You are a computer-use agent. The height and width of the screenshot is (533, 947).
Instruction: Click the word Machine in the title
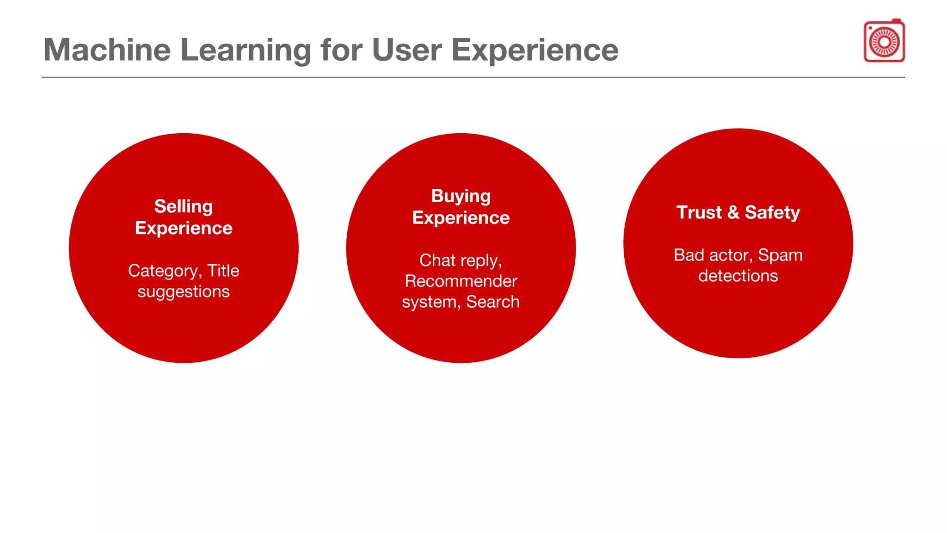click(107, 50)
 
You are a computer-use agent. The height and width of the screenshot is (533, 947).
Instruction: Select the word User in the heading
click(406, 50)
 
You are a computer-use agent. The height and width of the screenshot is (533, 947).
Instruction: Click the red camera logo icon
click(884, 41)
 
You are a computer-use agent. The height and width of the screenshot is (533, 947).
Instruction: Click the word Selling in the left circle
click(184, 206)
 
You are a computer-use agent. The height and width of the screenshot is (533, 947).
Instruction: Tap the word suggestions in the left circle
click(184, 291)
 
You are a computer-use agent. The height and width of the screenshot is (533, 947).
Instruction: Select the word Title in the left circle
click(223, 271)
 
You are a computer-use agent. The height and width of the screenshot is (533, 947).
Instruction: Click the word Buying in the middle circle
click(461, 196)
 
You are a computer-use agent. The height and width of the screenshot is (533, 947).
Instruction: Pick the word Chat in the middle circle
click(437, 260)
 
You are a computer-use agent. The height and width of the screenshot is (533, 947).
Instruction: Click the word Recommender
click(461, 281)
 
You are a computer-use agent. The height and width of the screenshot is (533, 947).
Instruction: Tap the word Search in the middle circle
click(492, 302)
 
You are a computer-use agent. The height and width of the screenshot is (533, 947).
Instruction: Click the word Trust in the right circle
click(699, 212)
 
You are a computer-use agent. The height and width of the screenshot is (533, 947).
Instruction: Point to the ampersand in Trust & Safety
click(733, 212)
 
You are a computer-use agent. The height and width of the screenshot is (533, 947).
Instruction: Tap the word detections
click(738, 276)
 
